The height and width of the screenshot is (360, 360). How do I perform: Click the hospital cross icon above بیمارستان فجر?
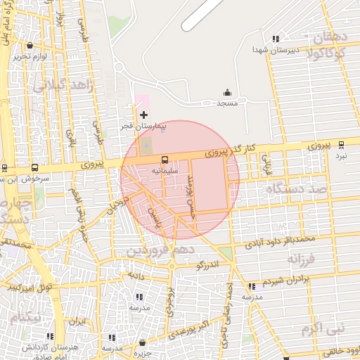coord(144,115)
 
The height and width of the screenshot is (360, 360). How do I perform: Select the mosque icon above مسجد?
coord(227,93)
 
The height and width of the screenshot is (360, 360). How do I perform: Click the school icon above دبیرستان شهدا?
coord(276,39)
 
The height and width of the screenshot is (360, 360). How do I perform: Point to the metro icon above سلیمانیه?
coord(165,160)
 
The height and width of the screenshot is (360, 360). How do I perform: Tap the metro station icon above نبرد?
coord(342,145)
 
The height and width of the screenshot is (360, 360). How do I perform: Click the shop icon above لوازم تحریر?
coord(30,46)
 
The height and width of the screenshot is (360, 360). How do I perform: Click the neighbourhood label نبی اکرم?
coord(319,328)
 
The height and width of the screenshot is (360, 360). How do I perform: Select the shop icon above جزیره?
coord(143,343)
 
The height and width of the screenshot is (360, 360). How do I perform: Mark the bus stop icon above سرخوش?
coord(35,168)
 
